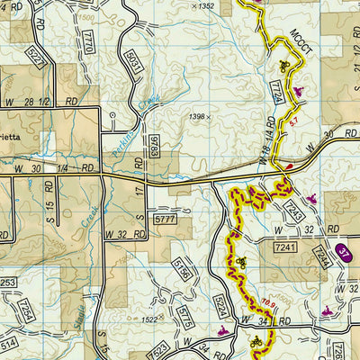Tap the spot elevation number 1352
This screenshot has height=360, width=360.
[203, 5]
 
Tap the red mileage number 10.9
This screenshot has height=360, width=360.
[267, 304]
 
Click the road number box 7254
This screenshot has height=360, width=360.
[25, 310]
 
